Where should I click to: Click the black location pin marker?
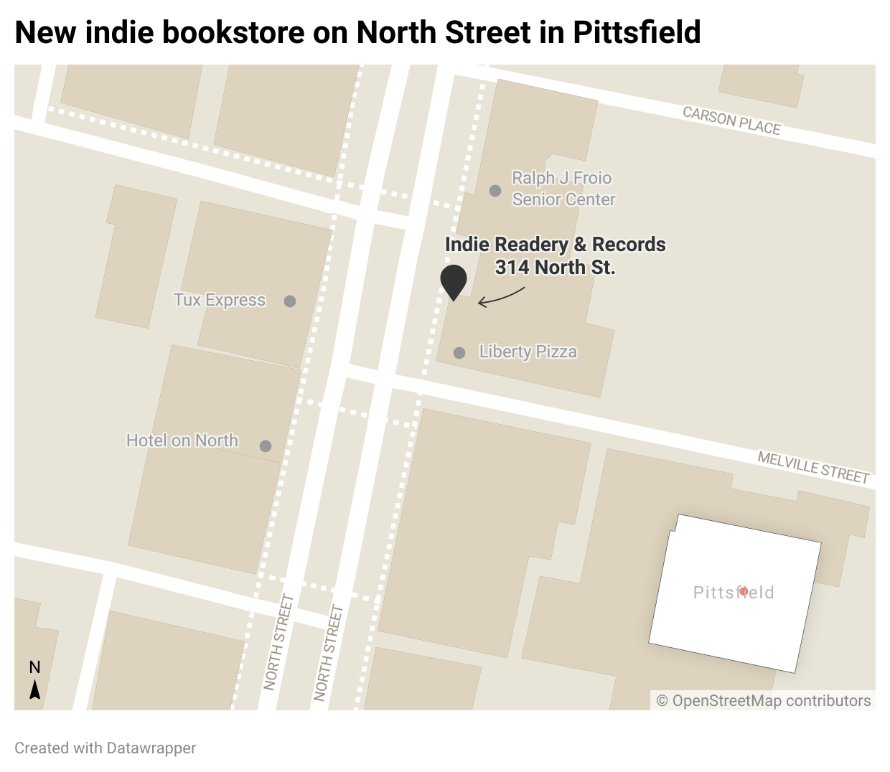(x=454, y=281)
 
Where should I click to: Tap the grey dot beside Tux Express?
(x=290, y=301)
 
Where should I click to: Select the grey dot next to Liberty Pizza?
(x=459, y=353)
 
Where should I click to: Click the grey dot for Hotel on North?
(x=266, y=446)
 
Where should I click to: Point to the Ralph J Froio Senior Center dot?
(x=495, y=191)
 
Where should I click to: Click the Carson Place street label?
(x=731, y=121)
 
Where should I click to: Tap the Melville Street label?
(x=813, y=467)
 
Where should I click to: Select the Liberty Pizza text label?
(x=528, y=352)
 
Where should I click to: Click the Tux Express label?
(x=220, y=300)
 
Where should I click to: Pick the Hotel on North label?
(x=182, y=441)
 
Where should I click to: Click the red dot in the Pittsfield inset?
(x=744, y=591)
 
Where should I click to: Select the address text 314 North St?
(x=555, y=268)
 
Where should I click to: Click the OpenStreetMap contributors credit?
(x=764, y=701)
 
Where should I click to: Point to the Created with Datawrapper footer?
(x=105, y=748)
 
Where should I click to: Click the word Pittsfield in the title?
(x=636, y=32)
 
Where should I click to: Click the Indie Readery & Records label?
(x=555, y=245)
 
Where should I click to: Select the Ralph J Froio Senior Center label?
(x=563, y=189)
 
